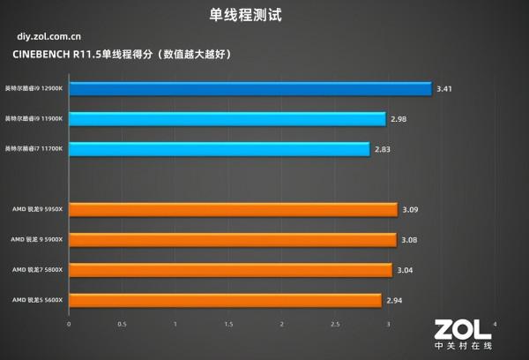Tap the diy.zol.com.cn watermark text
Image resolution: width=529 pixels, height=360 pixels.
[x=50, y=38]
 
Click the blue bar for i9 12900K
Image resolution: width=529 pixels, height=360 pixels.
[x=250, y=88]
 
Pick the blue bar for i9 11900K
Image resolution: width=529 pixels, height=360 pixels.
[x=227, y=119]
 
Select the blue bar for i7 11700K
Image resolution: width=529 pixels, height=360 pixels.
[x=219, y=149]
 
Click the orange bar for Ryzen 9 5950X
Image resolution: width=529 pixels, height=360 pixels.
[x=233, y=210]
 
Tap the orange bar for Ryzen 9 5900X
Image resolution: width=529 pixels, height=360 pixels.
[x=232, y=240]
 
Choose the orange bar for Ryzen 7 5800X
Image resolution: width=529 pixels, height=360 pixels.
[x=230, y=270]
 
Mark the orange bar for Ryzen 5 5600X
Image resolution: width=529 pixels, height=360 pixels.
[x=225, y=301]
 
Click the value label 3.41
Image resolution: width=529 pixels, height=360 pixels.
[x=446, y=88]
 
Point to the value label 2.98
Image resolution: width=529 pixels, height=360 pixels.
[x=399, y=119]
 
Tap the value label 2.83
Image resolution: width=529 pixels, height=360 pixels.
[x=384, y=149]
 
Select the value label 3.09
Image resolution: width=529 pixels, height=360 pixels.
[x=411, y=210]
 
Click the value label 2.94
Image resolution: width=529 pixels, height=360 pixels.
[x=395, y=301]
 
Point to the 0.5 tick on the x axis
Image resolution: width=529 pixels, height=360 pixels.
[x=122, y=324]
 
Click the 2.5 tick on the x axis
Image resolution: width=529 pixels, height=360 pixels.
[x=335, y=324]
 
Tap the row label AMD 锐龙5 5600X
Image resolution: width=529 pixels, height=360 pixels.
[x=38, y=301]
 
